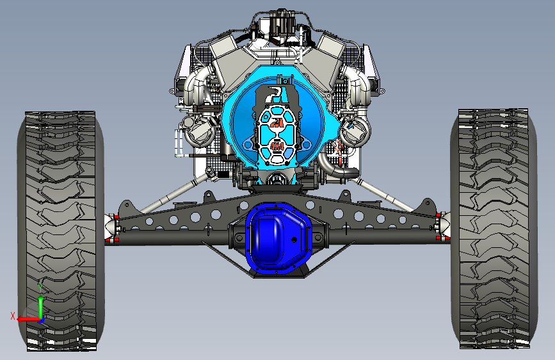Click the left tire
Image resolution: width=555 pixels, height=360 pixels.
(60, 231)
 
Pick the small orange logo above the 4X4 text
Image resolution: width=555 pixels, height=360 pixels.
(277, 124)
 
